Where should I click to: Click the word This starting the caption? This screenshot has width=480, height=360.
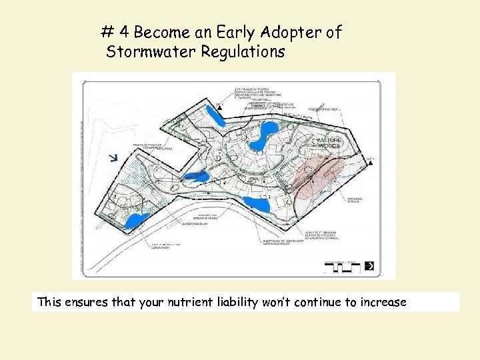pos(49,302)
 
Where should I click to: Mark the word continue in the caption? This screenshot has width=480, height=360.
pos(319,302)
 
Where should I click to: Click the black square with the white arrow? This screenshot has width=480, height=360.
pos(369,266)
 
